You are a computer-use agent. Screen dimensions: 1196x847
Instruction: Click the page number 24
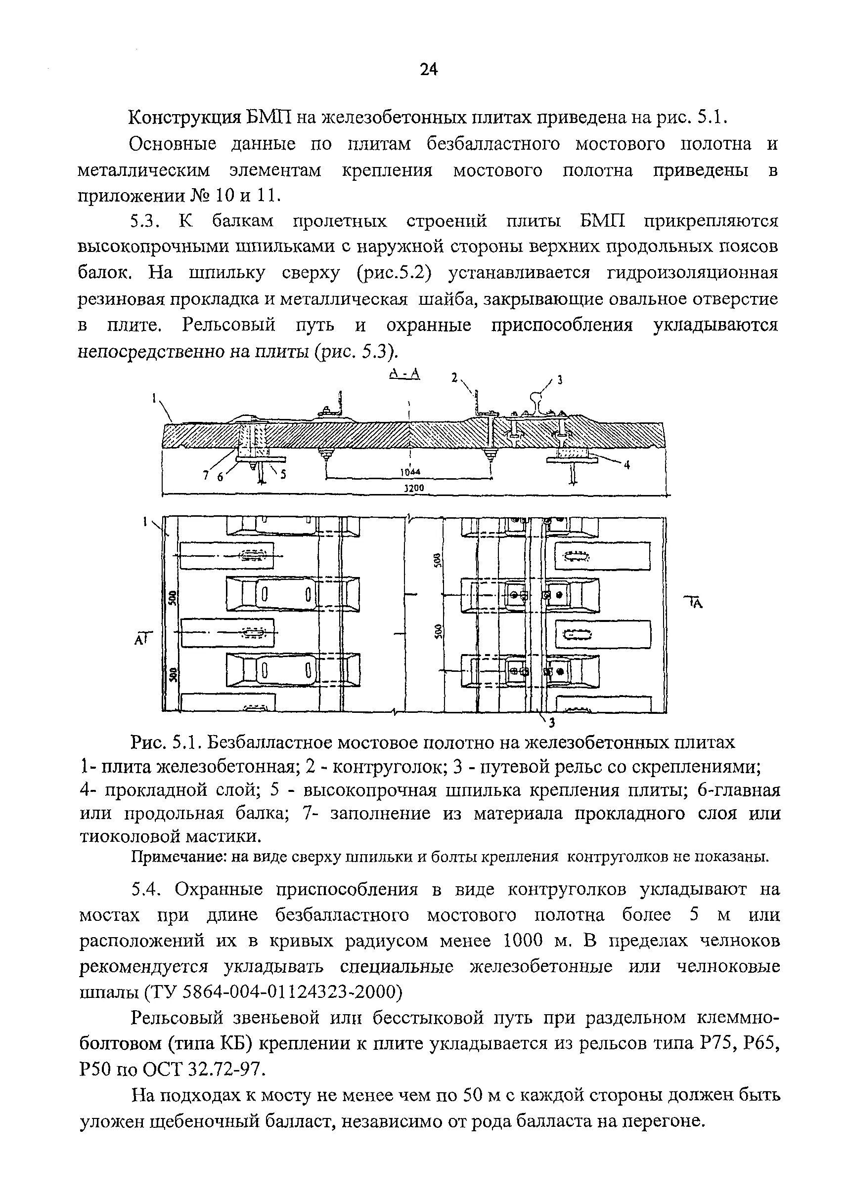tap(428, 69)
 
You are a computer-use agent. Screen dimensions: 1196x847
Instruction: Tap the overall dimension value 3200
tap(415, 488)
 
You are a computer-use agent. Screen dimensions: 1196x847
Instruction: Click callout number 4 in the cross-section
tap(627, 465)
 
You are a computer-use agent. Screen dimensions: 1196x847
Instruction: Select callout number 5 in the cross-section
tap(284, 474)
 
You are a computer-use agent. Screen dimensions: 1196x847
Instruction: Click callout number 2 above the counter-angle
tap(454, 377)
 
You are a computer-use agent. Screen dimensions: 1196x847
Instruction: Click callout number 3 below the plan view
tap(552, 722)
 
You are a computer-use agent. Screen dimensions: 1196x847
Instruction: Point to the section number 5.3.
tap(142, 221)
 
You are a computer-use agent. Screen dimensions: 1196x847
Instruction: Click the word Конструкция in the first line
tap(183, 118)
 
